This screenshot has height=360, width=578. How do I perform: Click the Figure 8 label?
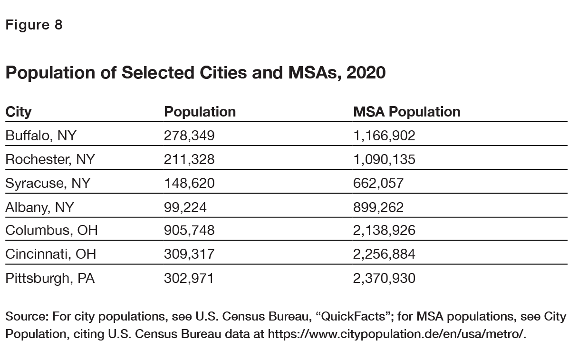coord(34,25)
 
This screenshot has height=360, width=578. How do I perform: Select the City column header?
coord(19,112)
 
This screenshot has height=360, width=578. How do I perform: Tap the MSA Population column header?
coord(407,112)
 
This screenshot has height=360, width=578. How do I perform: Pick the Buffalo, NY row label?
coord(41,136)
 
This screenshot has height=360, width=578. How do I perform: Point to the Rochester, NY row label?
coord(50,159)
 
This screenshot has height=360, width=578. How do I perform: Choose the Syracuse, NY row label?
coord(48,183)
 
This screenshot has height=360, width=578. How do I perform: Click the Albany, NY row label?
coord(40,207)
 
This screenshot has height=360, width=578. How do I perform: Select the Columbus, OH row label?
coord(51,231)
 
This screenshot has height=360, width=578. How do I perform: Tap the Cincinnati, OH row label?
coord(50,254)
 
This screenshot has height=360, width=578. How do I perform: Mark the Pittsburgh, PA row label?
coord(50,278)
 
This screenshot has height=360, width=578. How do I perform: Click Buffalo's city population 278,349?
coord(189,136)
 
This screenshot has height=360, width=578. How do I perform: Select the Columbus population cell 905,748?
coord(189,231)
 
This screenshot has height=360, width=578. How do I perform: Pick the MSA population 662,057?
coord(378,183)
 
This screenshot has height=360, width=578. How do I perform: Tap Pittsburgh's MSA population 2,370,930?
coord(384,278)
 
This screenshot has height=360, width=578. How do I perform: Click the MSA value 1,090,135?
coord(384,159)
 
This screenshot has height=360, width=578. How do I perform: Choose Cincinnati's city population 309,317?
coord(189,254)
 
